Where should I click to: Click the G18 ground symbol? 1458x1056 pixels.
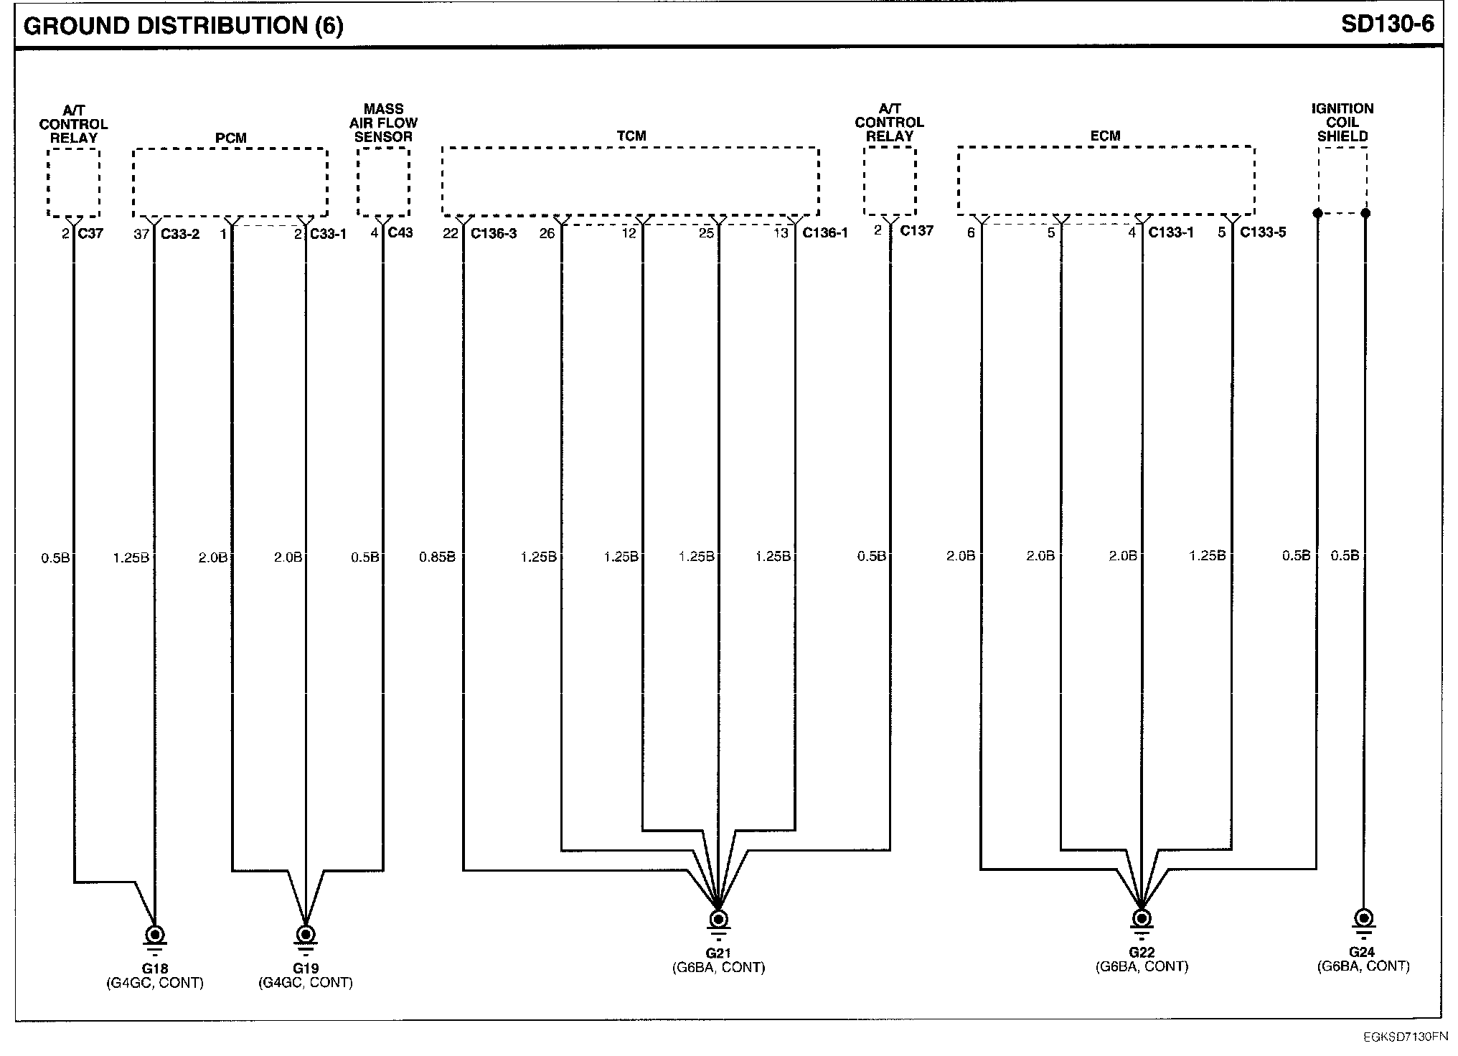(155, 935)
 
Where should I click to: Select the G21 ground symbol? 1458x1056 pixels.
(718, 920)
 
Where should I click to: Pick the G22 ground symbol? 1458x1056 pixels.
(1141, 919)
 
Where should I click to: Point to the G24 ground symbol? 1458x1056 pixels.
(1364, 919)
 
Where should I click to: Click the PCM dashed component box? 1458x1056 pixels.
(230, 181)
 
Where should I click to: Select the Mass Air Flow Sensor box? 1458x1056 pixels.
(383, 181)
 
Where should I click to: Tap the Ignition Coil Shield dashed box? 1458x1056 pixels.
(1342, 180)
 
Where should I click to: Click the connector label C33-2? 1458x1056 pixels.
(180, 234)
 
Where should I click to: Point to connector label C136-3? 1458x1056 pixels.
(493, 233)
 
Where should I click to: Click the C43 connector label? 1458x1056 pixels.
(400, 232)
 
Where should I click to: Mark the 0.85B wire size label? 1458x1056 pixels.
(437, 557)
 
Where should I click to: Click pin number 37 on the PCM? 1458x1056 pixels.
(141, 234)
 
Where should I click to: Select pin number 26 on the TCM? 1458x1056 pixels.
(547, 233)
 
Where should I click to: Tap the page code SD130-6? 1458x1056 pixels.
(1387, 24)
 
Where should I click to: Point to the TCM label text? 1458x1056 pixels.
(631, 136)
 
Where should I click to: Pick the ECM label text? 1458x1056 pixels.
(1105, 136)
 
